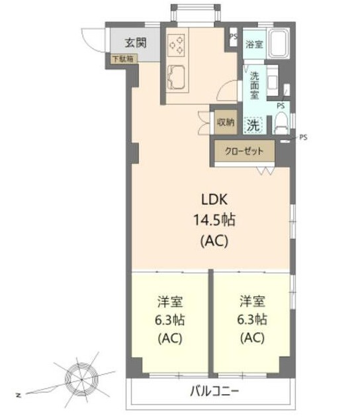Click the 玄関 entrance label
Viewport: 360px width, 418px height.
pyautogui.click(x=136, y=42)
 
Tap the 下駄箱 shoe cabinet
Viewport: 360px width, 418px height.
pyautogui.click(x=122, y=59)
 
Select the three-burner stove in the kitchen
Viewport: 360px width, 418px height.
pyautogui.click(x=176, y=45)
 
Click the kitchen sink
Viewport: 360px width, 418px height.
pyautogui.click(x=176, y=78)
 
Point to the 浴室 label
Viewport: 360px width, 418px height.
pyautogui.click(x=254, y=44)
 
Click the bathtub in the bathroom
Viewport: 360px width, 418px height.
pyautogui.click(x=279, y=43)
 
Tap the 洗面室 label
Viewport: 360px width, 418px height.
pyautogui.click(x=254, y=85)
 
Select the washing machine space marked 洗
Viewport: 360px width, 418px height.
pyautogui.click(x=253, y=125)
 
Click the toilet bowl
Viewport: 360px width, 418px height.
pyautogui.click(x=281, y=123)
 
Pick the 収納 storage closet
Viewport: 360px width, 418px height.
pyautogui.click(x=226, y=122)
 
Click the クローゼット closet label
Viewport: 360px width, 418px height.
pyautogui.click(x=244, y=151)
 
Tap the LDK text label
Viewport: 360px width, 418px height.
pyautogui.click(x=214, y=199)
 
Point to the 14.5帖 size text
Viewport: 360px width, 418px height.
pyautogui.click(x=214, y=220)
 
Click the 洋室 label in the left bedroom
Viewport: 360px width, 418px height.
pyautogui.click(x=170, y=301)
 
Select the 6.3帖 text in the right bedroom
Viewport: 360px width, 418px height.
pyautogui.click(x=252, y=319)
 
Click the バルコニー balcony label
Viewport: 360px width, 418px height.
pyautogui.click(x=214, y=392)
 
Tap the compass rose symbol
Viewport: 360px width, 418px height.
pyautogui.click(x=81, y=379)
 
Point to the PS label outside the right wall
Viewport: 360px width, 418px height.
pyautogui.click(x=303, y=137)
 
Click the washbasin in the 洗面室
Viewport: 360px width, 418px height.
pyautogui.click(x=273, y=81)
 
